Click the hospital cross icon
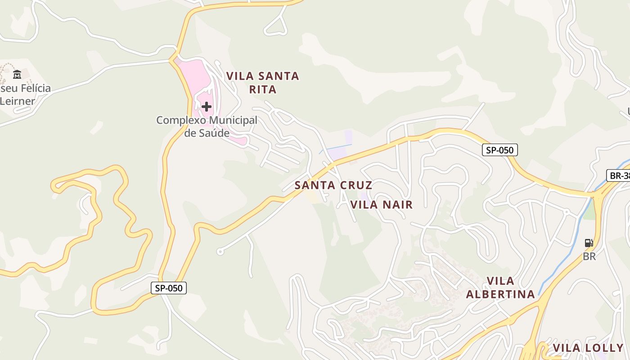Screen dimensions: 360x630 pos(207,107)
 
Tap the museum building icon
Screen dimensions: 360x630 pos(17,74)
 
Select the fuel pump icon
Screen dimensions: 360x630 pos(589,243)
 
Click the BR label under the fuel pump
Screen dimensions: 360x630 pos(589,256)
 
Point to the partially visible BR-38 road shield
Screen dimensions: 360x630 pos(619,175)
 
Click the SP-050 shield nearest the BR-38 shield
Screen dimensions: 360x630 pos(499,150)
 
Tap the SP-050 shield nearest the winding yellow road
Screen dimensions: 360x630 pos(168,288)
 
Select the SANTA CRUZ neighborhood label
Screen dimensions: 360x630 pos(333,185)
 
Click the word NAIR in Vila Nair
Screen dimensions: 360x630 pos(397,205)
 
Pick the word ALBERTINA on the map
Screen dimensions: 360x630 pos(500,294)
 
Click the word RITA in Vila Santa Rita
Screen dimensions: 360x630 pos(263,90)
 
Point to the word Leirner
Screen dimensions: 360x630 pos(17,101)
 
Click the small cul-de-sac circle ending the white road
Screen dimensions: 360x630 pos(220,252)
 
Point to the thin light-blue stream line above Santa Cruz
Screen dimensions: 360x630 pos(335,148)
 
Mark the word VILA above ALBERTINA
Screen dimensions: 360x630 pos(500,281)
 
